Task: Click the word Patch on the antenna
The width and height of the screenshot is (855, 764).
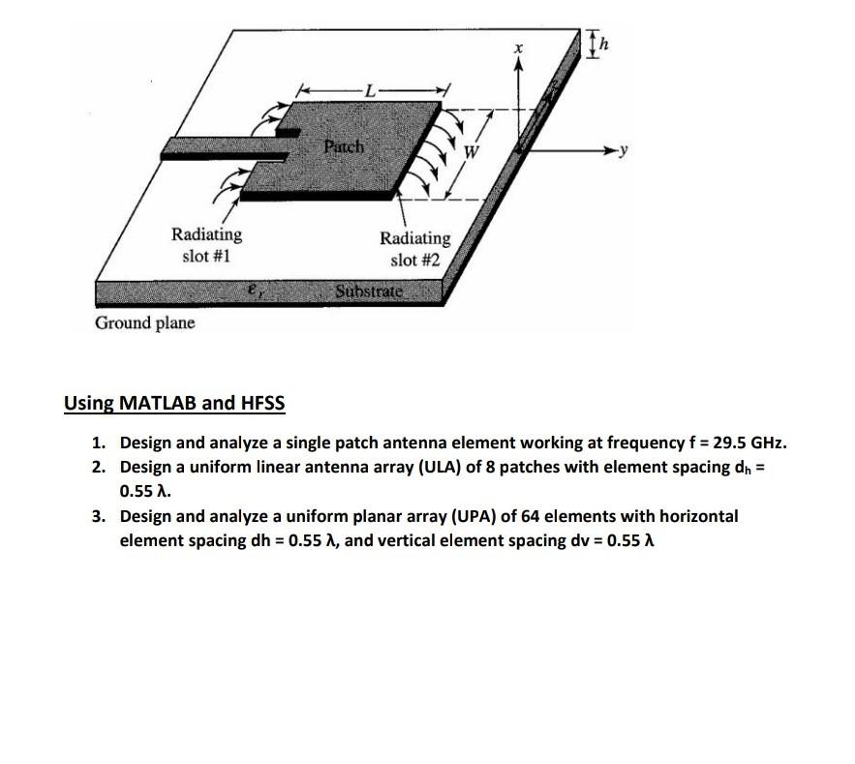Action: (x=343, y=147)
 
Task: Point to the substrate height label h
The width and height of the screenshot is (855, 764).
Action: (x=608, y=43)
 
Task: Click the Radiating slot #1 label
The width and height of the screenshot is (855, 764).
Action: (x=206, y=245)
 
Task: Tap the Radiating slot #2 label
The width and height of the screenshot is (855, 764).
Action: (x=414, y=248)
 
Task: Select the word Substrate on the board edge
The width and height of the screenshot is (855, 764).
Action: (x=367, y=291)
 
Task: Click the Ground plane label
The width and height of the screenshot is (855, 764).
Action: (x=144, y=322)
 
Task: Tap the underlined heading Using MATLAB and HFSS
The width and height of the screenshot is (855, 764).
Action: (x=174, y=403)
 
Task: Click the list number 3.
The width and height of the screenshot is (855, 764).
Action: (x=98, y=516)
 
